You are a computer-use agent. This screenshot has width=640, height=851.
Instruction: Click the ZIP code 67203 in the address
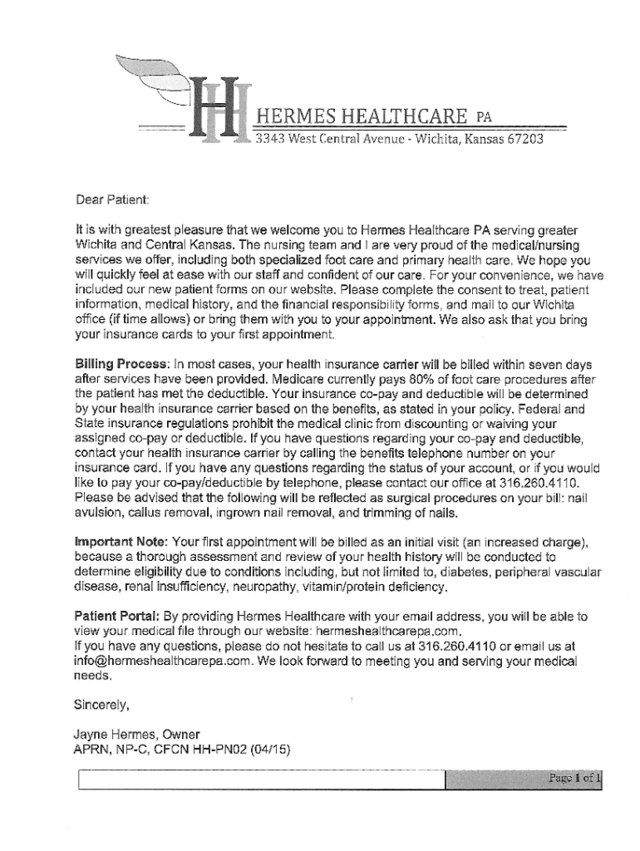pyautogui.click(x=525, y=139)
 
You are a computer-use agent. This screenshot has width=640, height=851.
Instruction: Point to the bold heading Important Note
pyautogui.click(x=119, y=543)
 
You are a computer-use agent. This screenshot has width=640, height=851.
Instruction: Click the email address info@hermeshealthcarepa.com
pyautogui.click(x=163, y=662)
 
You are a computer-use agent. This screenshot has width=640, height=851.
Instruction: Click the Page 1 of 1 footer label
pyautogui.click(x=573, y=779)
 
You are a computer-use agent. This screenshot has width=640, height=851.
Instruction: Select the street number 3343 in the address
pyautogui.click(x=271, y=139)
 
